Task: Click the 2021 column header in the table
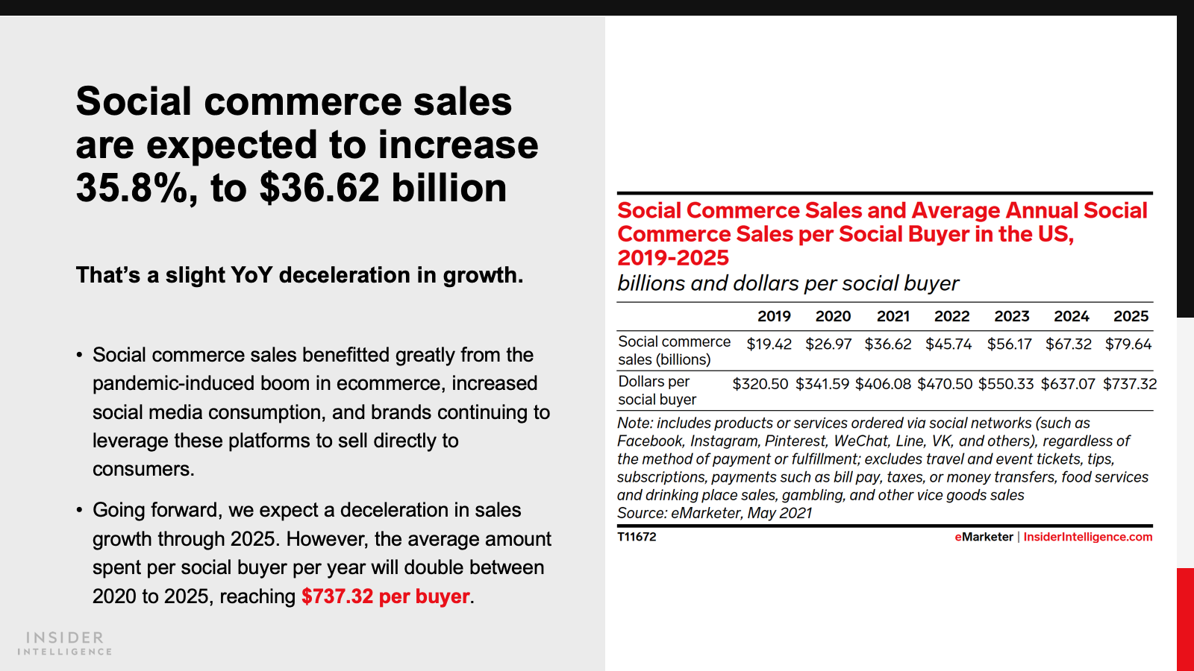click(893, 316)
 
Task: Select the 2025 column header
click(1131, 316)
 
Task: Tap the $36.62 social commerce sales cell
click(888, 344)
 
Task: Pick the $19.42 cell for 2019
click(769, 344)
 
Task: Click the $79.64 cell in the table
click(1128, 344)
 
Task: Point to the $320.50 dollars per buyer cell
click(760, 384)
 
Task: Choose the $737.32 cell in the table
click(1130, 384)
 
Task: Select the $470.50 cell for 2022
click(945, 384)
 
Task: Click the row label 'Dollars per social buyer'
click(657, 391)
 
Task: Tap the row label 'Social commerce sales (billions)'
click(674, 350)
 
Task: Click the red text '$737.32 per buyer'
click(386, 596)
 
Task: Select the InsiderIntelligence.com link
click(1087, 537)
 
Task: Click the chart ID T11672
click(637, 537)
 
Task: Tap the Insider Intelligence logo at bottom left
click(65, 643)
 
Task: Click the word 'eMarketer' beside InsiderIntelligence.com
click(984, 537)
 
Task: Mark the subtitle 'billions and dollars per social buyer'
click(787, 283)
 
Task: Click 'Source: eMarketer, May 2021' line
click(714, 513)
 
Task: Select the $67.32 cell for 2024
click(1068, 344)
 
